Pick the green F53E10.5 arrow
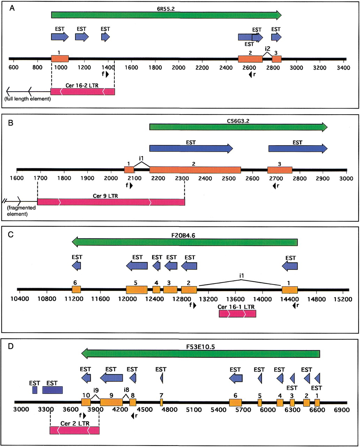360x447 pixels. [201, 353]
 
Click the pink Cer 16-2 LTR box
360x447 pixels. [83, 91]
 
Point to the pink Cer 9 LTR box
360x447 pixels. [111, 202]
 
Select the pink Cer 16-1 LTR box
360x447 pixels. [237, 313]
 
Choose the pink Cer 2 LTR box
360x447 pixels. [75, 430]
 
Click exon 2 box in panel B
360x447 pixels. [195, 170]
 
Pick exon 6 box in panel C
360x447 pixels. [76, 290]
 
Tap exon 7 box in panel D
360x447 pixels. [162, 402]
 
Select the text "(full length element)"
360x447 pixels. [28, 99]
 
